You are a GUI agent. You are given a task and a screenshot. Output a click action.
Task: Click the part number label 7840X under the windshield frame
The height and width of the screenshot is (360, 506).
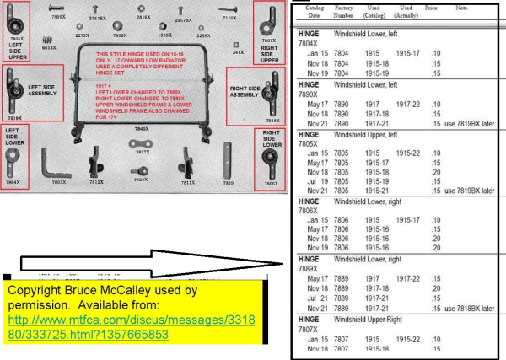[143, 129]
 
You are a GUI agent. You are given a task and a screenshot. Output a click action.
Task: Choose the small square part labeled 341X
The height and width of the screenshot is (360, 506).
[239, 42]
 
